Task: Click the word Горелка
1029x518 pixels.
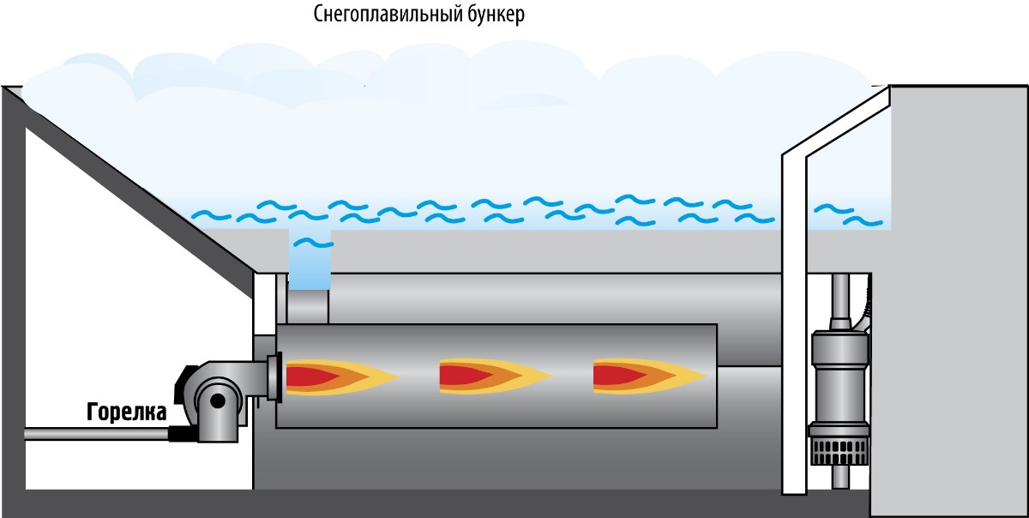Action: (x=126, y=413)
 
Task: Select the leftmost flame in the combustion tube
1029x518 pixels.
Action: (x=334, y=376)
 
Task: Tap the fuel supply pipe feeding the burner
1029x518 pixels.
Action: (x=94, y=435)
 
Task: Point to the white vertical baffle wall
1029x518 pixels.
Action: (x=793, y=326)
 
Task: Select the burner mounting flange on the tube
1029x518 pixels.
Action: (x=274, y=377)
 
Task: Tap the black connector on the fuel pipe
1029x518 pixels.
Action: (x=182, y=435)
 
